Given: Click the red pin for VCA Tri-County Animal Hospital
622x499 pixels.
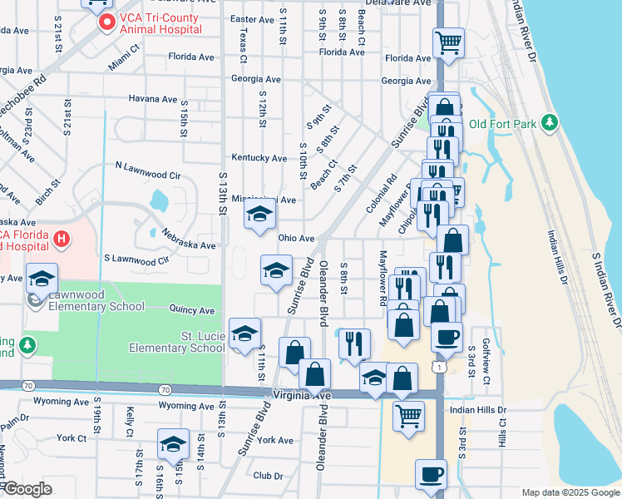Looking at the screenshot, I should pyautogui.click(x=106, y=22).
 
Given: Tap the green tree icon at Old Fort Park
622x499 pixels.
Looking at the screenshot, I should pyautogui.click(x=549, y=124).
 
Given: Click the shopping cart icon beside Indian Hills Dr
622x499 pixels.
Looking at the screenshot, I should pyautogui.click(x=407, y=415).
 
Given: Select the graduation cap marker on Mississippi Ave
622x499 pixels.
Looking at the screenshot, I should pyautogui.click(x=259, y=215).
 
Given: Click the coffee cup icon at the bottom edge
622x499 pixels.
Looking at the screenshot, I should pyautogui.click(x=430, y=474).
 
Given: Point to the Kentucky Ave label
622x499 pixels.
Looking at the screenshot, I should pyautogui.click(x=259, y=158).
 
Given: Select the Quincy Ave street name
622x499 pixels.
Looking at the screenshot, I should pyautogui.click(x=192, y=310).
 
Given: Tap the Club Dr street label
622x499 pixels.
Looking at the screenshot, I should pyautogui.click(x=268, y=476).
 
